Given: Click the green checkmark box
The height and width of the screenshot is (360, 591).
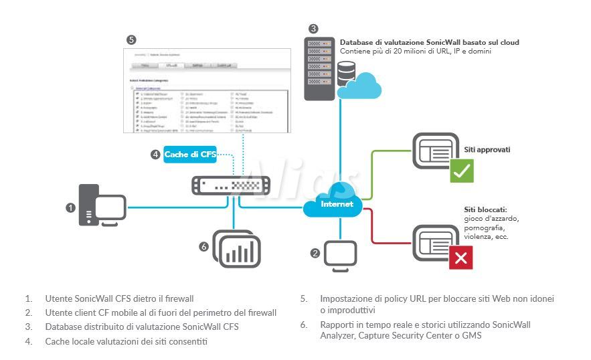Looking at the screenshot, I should click(462, 171).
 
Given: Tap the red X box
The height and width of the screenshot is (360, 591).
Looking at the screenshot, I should click(461, 258).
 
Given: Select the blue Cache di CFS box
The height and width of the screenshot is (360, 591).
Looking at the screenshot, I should click(191, 155).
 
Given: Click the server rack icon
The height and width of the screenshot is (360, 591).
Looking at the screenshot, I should click(319, 68).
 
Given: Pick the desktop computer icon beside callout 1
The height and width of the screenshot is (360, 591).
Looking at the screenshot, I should click(102, 207).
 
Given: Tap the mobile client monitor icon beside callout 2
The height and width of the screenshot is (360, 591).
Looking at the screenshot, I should click(340, 255).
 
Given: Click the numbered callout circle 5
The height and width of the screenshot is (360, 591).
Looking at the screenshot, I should click(131, 39).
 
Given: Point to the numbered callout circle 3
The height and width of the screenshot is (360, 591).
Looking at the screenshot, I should click(313, 28).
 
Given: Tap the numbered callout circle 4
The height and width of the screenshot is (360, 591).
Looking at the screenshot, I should click(155, 155).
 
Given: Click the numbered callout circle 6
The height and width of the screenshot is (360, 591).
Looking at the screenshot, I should click(204, 247).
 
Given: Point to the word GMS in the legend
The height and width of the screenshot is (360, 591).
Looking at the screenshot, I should click(471, 336).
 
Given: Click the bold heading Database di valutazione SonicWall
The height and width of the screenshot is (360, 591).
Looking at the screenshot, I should click(429, 42).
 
